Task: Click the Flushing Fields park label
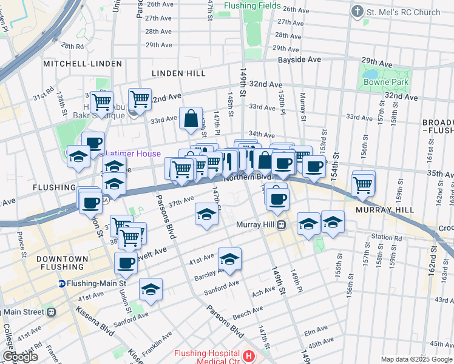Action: point(252,6)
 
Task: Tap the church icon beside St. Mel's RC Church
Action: point(357,12)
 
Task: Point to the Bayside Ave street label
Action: point(299,59)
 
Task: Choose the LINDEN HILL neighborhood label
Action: point(178,73)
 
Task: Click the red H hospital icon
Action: point(248,355)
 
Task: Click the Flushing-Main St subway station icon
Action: point(62,283)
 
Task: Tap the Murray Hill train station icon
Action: point(282,225)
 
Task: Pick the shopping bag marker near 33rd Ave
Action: point(191,118)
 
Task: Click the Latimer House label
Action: point(133,154)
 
